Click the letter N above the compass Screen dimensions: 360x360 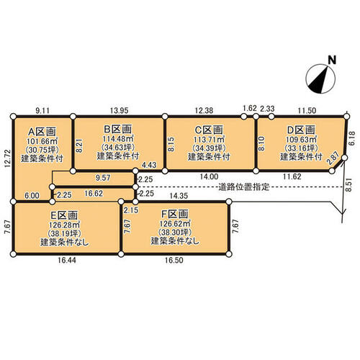click(332, 60)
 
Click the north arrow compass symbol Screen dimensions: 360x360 click(320, 78)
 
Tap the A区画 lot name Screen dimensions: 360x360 click(42, 132)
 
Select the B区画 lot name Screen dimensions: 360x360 click(117, 129)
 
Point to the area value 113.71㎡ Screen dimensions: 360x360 click(209, 139)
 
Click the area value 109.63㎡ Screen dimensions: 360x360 click(301, 140)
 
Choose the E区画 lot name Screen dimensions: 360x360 click(64, 215)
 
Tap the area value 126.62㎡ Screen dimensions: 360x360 click(175, 224)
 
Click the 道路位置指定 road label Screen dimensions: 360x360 click(244, 186)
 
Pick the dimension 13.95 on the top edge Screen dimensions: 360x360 click(120, 111)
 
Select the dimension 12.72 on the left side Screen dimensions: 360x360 click(8, 158)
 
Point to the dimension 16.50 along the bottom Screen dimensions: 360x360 click(174, 260)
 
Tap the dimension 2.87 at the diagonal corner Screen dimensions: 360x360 click(333, 158)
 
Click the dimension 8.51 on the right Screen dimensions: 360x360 click(350, 184)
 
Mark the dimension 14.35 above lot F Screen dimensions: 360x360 click(179, 196)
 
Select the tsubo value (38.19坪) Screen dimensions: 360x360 click(64, 233)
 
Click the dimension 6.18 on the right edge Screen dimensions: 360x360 click(352, 138)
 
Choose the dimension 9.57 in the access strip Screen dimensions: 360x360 click(103, 178)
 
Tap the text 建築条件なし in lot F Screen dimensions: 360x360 click(175, 240)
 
